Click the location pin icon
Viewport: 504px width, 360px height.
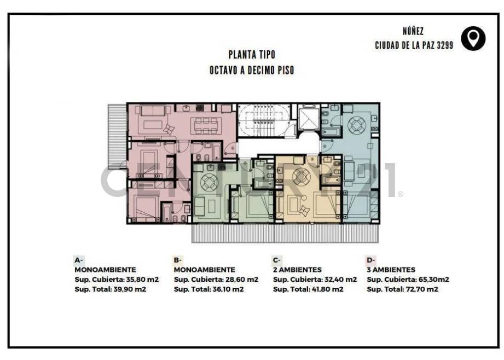click(x=473, y=38)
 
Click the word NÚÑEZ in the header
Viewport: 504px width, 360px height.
click(x=413, y=32)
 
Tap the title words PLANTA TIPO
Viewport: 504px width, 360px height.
click(x=252, y=55)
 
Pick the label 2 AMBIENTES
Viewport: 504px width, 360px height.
click(x=297, y=270)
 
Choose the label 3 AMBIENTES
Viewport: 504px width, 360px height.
click(x=391, y=270)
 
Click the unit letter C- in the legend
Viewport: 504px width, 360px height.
click(x=276, y=260)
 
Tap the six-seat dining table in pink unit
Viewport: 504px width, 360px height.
click(x=206, y=125)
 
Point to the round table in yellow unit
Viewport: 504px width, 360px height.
click(x=300, y=177)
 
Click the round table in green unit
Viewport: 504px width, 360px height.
click(x=209, y=181)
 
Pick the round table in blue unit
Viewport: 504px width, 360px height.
click(x=357, y=125)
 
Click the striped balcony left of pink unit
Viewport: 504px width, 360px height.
click(x=117, y=136)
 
